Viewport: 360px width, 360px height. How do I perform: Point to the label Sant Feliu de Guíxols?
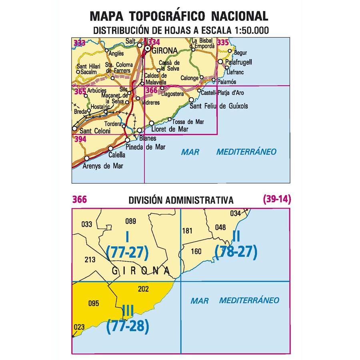(218, 106)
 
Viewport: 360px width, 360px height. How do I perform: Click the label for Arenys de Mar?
(103, 165)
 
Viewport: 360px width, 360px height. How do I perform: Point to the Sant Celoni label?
(94, 131)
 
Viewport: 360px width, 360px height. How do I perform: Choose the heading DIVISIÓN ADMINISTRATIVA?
(181, 200)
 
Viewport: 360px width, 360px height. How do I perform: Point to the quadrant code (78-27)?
(236, 252)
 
